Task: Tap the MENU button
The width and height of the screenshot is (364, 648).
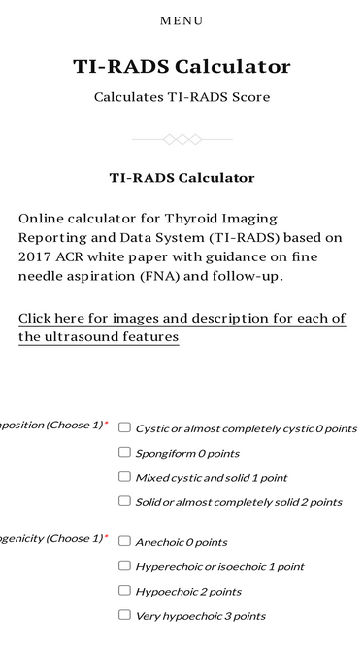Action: (x=182, y=20)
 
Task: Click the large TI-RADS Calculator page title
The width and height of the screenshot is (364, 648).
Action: (x=182, y=67)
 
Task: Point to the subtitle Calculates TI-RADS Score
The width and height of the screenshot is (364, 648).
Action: (x=182, y=97)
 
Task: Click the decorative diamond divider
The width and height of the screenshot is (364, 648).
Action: (x=182, y=140)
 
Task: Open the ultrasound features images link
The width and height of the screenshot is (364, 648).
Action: (x=182, y=327)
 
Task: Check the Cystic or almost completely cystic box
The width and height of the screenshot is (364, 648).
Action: (x=124, y=426)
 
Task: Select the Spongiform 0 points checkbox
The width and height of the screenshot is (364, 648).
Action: (x=124, y=452)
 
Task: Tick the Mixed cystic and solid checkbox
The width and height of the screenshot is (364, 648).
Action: (x=124, y=476)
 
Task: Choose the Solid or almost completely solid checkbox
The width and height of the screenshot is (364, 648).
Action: (x=124, y=501)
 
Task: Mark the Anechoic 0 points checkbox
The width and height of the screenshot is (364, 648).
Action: (x=124, y=540)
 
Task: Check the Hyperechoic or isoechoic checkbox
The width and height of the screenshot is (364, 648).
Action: (x=124, y=565)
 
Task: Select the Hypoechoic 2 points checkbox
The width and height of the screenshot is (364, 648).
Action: (x=124, y=590)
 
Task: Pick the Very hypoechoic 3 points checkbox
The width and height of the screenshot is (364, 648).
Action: (x=124, y=614)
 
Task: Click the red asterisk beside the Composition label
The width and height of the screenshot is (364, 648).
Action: (x=106, y=425)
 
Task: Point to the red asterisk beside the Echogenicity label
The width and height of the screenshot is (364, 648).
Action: (x=106, y=537)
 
